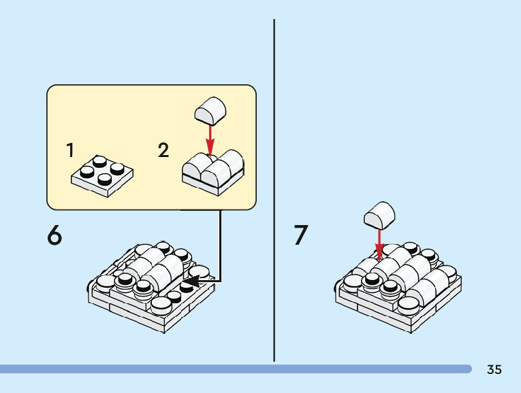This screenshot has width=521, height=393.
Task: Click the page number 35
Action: [494, 370]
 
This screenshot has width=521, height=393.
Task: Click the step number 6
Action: [54, 236]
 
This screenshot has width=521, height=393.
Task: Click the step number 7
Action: [301, 236]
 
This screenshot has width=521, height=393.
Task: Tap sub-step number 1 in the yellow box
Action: [70, 150]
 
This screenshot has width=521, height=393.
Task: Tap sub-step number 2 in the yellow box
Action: [163, 150]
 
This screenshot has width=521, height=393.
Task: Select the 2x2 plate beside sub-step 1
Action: [102, 175]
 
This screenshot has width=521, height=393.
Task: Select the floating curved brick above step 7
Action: [380, 215]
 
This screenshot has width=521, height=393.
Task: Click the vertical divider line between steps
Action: [274, 190]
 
